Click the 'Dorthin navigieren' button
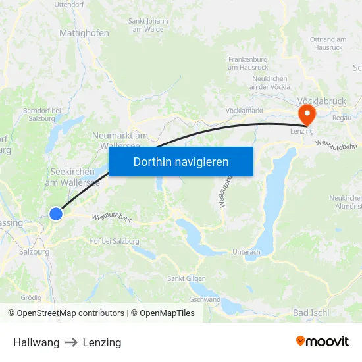pos(180,161)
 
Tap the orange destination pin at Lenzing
pos(307,115)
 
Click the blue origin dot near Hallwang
pos(56,213)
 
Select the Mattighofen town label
pos(84,32)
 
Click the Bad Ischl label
pos(311,313)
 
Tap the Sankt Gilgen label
pos(184,278)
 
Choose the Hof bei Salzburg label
pos(114,241)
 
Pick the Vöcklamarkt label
pos(244,111)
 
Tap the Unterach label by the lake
pos(247,252)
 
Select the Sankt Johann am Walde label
pos(148,24)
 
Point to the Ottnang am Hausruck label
pos(327,43)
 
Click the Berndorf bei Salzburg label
pos(42,115)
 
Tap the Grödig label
pos(31,298)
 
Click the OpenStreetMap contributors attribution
pos(66,313)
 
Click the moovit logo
pos(322,342)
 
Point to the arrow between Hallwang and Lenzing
pos(71,342)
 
